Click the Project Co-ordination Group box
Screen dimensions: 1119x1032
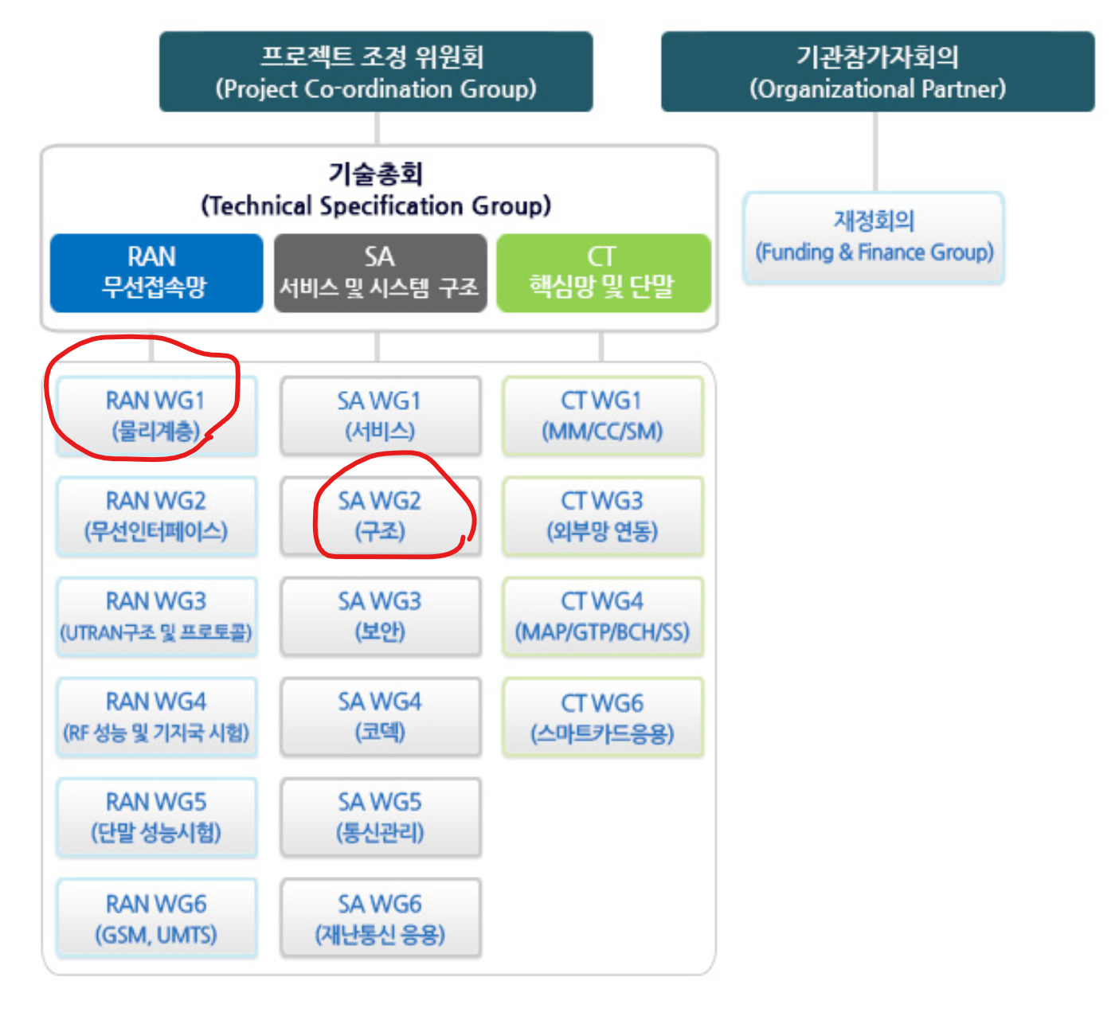tap(376, 72)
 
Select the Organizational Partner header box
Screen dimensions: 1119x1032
tap(878, 72)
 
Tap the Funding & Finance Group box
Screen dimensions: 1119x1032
tap(874, 237)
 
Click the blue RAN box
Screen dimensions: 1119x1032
tap(156, 272)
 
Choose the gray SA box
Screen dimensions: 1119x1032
tap(380, 272)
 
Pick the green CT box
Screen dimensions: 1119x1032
tap(603, 272)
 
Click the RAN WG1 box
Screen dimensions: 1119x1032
tap(156, 416)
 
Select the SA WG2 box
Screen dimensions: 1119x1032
tap(380, 516)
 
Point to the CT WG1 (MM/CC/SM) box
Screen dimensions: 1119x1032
tap(603, 416)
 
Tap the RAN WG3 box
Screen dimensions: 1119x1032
tap(156, 616)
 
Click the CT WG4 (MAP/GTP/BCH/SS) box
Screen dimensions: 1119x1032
tap(603, 616)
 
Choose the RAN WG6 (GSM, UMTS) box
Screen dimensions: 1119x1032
tap(156, 918)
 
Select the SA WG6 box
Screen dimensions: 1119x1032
tap(380, 918)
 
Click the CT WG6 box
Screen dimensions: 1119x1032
tap(603, 717)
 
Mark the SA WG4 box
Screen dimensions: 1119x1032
tap(380, 717)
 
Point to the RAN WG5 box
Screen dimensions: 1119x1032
tap(156, 818)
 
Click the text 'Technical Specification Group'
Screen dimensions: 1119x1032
tap(376, 206)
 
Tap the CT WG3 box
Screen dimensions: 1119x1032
tap(603, 516)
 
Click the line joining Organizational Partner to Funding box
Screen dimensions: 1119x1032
tap(875, 151)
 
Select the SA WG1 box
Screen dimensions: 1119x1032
tap(380, 416)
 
